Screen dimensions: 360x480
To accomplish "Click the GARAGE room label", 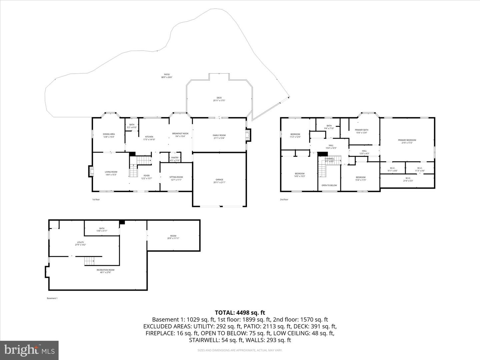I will coord(219,180).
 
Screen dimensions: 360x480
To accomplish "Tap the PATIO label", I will coord(167,75).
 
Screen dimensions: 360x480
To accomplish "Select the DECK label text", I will coord(219,98).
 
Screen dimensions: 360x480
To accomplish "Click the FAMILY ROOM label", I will coord(219,135).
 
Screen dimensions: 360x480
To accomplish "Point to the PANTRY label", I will coord(175,158).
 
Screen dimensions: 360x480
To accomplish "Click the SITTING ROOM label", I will coord(176,177).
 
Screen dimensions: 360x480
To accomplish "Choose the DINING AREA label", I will coord(109,134).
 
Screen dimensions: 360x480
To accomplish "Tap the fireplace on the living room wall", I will coord(91,171).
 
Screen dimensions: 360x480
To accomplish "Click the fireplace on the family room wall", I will coord(248,135).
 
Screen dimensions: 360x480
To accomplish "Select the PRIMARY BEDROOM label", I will coord(407,140).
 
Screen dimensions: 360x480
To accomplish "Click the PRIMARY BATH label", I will coord(361,130).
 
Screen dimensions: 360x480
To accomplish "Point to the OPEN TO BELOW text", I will coord(329,185).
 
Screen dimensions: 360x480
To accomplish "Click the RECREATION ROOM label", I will coord(105,270).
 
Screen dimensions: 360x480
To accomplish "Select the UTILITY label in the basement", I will coord(80,242).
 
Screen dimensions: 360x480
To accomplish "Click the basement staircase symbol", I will coord(89,261).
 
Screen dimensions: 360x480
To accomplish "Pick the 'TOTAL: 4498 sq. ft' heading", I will coord(240,312).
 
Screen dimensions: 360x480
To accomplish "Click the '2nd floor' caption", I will coord(284,200).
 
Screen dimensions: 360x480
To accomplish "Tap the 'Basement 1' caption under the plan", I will coord(52,298).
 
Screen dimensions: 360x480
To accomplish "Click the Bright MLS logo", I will coord(29,350).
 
